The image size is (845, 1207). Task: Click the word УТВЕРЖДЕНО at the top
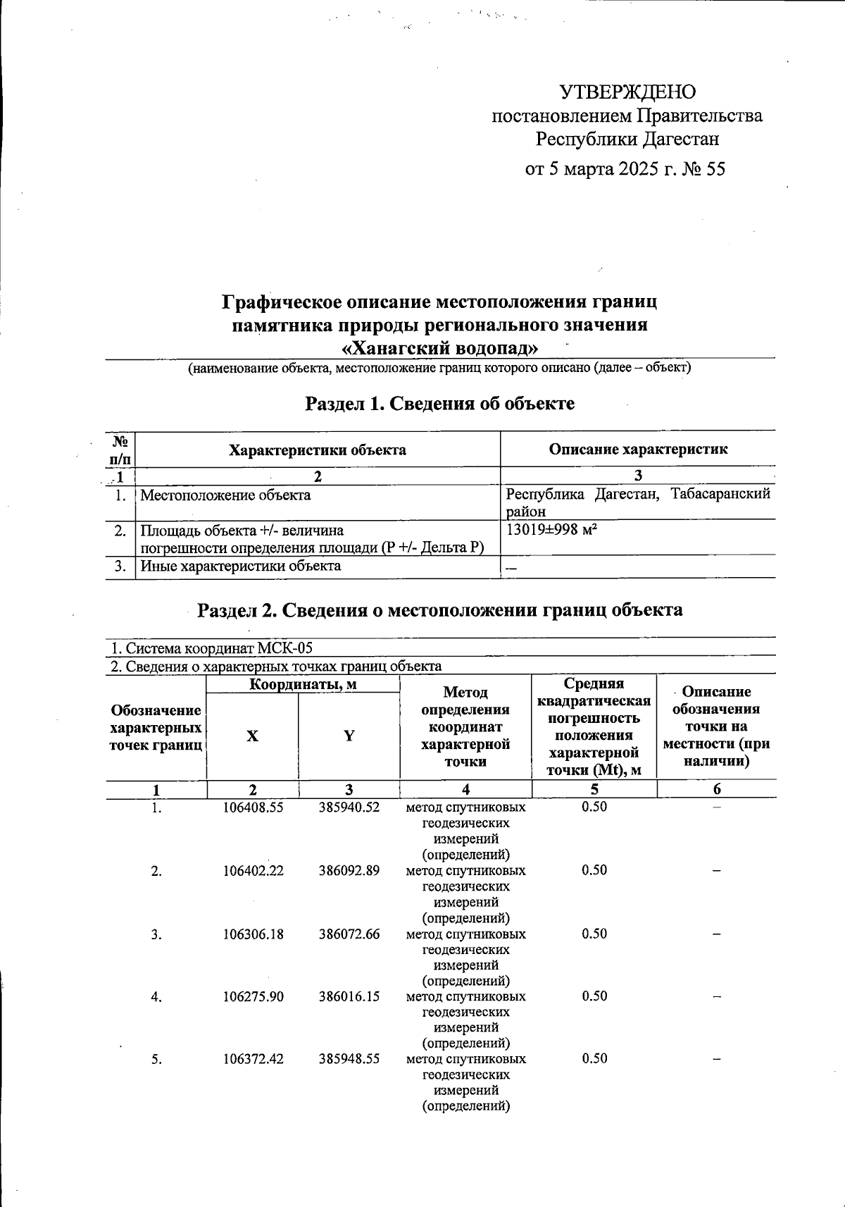[627, 92]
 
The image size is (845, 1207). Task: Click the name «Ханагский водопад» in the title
[439, 348]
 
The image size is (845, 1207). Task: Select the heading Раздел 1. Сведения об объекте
[439, 404]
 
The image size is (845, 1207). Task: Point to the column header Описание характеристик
[638, 450]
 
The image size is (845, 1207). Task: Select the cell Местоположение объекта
[225, 495]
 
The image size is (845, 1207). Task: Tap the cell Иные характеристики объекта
[241, 566]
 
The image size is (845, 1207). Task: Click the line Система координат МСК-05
[211, 648]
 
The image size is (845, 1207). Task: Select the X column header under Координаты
[252, 736]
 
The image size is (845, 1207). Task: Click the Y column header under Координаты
[349, 736]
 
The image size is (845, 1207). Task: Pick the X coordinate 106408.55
[254, 807]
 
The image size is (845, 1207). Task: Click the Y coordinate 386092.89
[349, 871]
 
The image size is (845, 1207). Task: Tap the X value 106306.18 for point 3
[254, 934]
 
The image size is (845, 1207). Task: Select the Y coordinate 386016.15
[349, 996]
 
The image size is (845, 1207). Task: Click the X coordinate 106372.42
[254, 1059]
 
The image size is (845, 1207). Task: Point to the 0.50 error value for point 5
[594, 1059]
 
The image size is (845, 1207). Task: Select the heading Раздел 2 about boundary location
[439, 610]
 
